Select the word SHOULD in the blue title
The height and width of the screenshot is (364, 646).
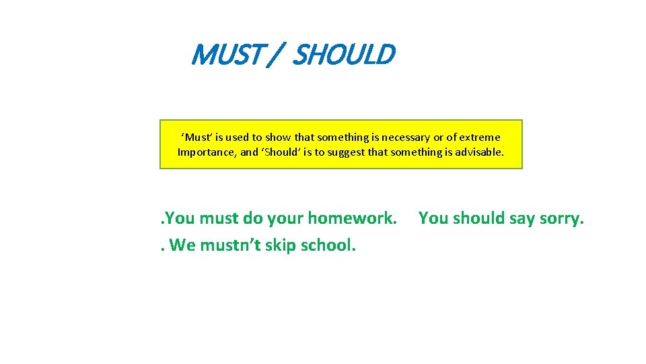click(x=344, y=55)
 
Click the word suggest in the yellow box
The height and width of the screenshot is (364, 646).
click(x=347, y=152)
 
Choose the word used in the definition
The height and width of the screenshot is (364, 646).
click(x=238, y=137)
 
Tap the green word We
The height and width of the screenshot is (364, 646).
click(x=182, y=245)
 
